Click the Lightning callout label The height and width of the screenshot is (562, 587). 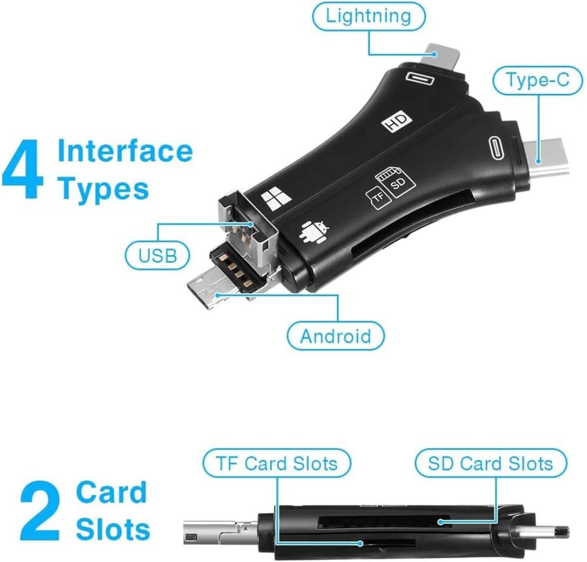(x=369, y=16)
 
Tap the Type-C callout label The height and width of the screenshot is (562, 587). (x=537, y=80)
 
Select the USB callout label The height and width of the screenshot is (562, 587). (x=157, y=256)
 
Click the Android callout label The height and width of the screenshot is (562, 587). (x=335, y=336)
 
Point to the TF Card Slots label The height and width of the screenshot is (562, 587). (x=277, y=463)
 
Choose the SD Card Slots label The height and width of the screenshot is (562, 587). (x=490, y=463)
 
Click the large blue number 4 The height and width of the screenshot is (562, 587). (x=23, y=170)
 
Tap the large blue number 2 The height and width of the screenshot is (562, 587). (x=40, y=511)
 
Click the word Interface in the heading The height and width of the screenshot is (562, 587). (x=125, y=151)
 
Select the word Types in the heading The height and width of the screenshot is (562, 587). (x=104, y=189)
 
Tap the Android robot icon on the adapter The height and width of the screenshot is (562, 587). (x=314, y=232)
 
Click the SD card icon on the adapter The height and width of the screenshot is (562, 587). (x=396, y=181)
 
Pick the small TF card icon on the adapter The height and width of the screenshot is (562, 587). (x=378, y=198)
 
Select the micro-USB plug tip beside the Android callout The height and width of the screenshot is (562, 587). (x=205, y=293)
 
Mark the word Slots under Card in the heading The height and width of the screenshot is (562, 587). (x=113, y=529)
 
